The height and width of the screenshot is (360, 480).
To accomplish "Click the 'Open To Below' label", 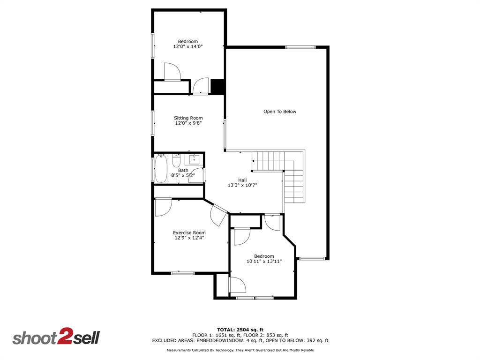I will [x=279, y=112].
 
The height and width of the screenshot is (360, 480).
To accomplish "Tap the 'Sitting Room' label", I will [x=188, y=118].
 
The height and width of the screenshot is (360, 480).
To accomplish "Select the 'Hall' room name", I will [x=242, y=180].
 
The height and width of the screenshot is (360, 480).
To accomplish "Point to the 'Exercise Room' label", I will [x=189, y=232].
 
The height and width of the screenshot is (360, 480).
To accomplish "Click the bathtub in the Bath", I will [x=161, y=169].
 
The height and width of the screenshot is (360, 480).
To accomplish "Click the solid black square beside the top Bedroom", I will [x=217, y=87].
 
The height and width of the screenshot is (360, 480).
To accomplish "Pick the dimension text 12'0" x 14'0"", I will [x=188, y=46].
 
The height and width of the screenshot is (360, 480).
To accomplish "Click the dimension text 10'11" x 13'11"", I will [x=264, y=262].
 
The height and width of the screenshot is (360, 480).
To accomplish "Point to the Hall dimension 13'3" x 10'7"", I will [x=242, y=185].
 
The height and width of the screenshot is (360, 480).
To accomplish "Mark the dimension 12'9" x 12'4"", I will [x=189, y=238].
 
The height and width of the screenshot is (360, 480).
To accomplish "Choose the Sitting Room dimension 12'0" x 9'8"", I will [x=188, y=123].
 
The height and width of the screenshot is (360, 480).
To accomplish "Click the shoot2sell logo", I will [x=56, y=337].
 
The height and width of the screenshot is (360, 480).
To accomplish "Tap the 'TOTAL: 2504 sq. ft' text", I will [x=240, y=330].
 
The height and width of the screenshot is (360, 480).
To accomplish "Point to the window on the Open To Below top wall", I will [x=300, y=47].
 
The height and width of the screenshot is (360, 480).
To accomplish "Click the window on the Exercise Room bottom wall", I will [x=183, y=273].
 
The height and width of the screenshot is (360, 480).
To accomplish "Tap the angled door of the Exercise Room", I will [x=218, y=214].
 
